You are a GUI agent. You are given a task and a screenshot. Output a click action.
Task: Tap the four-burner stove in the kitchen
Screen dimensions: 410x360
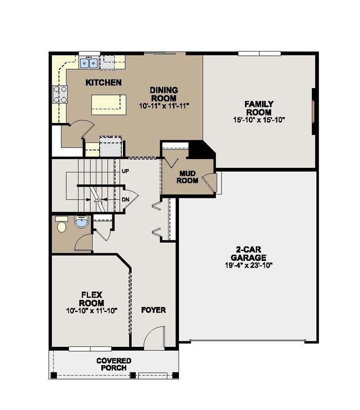tap(60, 95)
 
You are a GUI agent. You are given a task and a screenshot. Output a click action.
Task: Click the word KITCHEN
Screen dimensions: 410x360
tap(104, 83)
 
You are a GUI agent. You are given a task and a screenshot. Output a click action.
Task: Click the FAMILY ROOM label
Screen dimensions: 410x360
tap(258, 107)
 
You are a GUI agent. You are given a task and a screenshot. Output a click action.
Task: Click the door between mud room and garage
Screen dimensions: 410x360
tap(208, 183)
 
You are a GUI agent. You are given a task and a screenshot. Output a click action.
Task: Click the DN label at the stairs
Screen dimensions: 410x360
tap(125, 199)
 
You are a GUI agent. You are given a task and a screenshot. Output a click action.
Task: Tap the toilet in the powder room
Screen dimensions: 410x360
tap(63, 224)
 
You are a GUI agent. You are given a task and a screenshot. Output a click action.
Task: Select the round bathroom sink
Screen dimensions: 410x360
tap(80, 224)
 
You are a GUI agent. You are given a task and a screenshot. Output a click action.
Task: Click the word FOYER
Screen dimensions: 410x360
tap(153, 310)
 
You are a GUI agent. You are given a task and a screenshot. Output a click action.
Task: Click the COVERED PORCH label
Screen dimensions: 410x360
tap(114, 364)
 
